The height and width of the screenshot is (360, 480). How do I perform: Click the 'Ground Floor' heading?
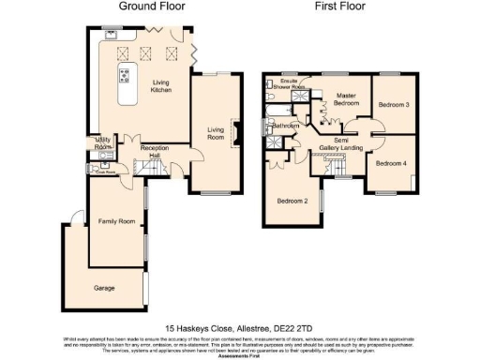click(x=152, y=6)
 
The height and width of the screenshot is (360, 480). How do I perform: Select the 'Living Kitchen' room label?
click(x=161, y=86)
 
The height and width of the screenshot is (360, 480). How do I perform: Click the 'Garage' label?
click(x=103, y=288)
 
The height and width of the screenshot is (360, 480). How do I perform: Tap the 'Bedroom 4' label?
click(x=391, y=163)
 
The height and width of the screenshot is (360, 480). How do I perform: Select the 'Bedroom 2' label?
click(x=292, y=201)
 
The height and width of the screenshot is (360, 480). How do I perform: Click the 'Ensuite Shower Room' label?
click(x=299, y=83)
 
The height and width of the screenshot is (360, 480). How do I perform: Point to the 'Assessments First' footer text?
click(x=240, y=356)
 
